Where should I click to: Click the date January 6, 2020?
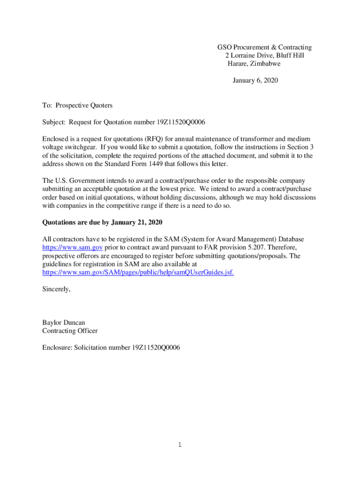click(x=255, y=80)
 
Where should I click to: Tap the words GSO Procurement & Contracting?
click(x=264, y=47)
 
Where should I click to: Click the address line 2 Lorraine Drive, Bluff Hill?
click(x=264, y=56)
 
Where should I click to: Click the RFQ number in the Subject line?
click(x=180, y=122)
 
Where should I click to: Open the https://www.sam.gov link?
click(x=72, y=247)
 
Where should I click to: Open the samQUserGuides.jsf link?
click(x=138, y=272)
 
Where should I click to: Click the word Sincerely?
click(x=56, y=289)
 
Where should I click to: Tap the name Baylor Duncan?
click(x=64, y=322)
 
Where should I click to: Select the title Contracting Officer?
click(x=70, y=331)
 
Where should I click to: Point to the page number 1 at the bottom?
click(x=180, y=445)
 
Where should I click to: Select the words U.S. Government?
click(x=78, y=181)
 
